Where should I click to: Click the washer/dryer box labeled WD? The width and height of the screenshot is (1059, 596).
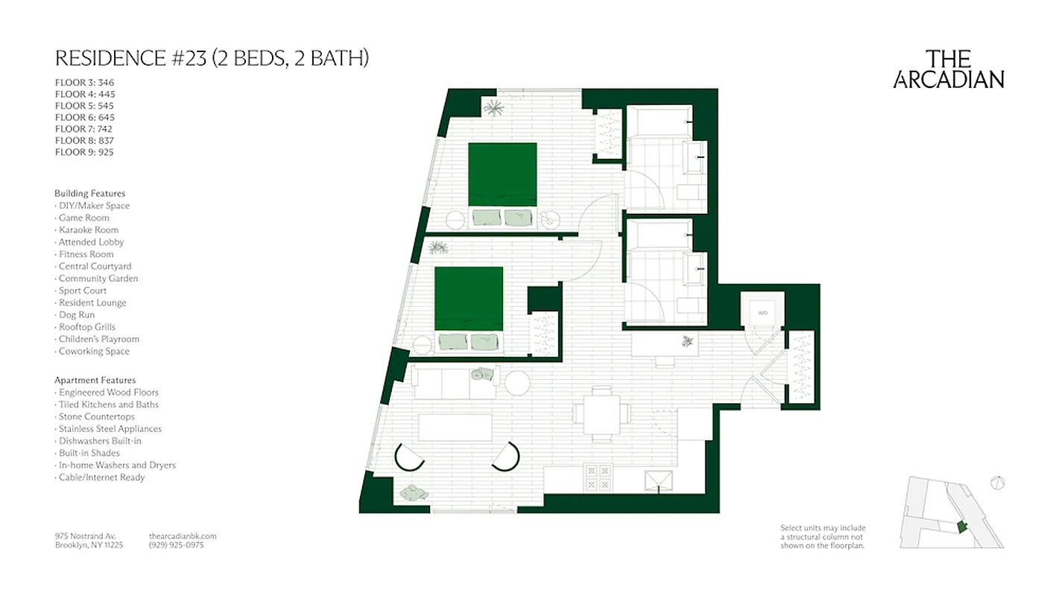click(762, 313)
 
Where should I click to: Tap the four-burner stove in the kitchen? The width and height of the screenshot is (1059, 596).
click(598, 478)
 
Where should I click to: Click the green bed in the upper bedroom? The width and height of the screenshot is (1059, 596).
click(502, 174)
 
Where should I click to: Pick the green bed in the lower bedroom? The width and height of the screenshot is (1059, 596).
click(469, 298)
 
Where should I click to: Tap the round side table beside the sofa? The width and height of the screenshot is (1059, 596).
click(516, 383)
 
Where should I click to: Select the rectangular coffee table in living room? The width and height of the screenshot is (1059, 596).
click(455, 428)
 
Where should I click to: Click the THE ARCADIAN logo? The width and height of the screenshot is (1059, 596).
click(949, 69)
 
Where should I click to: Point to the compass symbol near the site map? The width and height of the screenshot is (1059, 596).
click(998, 483)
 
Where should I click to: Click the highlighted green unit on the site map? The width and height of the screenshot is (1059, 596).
click(961, 527)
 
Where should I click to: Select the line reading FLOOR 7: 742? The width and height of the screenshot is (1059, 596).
click(84, 129)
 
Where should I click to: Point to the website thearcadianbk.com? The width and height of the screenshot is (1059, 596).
click(183, 536)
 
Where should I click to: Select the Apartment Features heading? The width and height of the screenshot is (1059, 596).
click(95, 380)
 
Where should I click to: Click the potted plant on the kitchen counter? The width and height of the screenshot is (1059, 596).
click(686, 343)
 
